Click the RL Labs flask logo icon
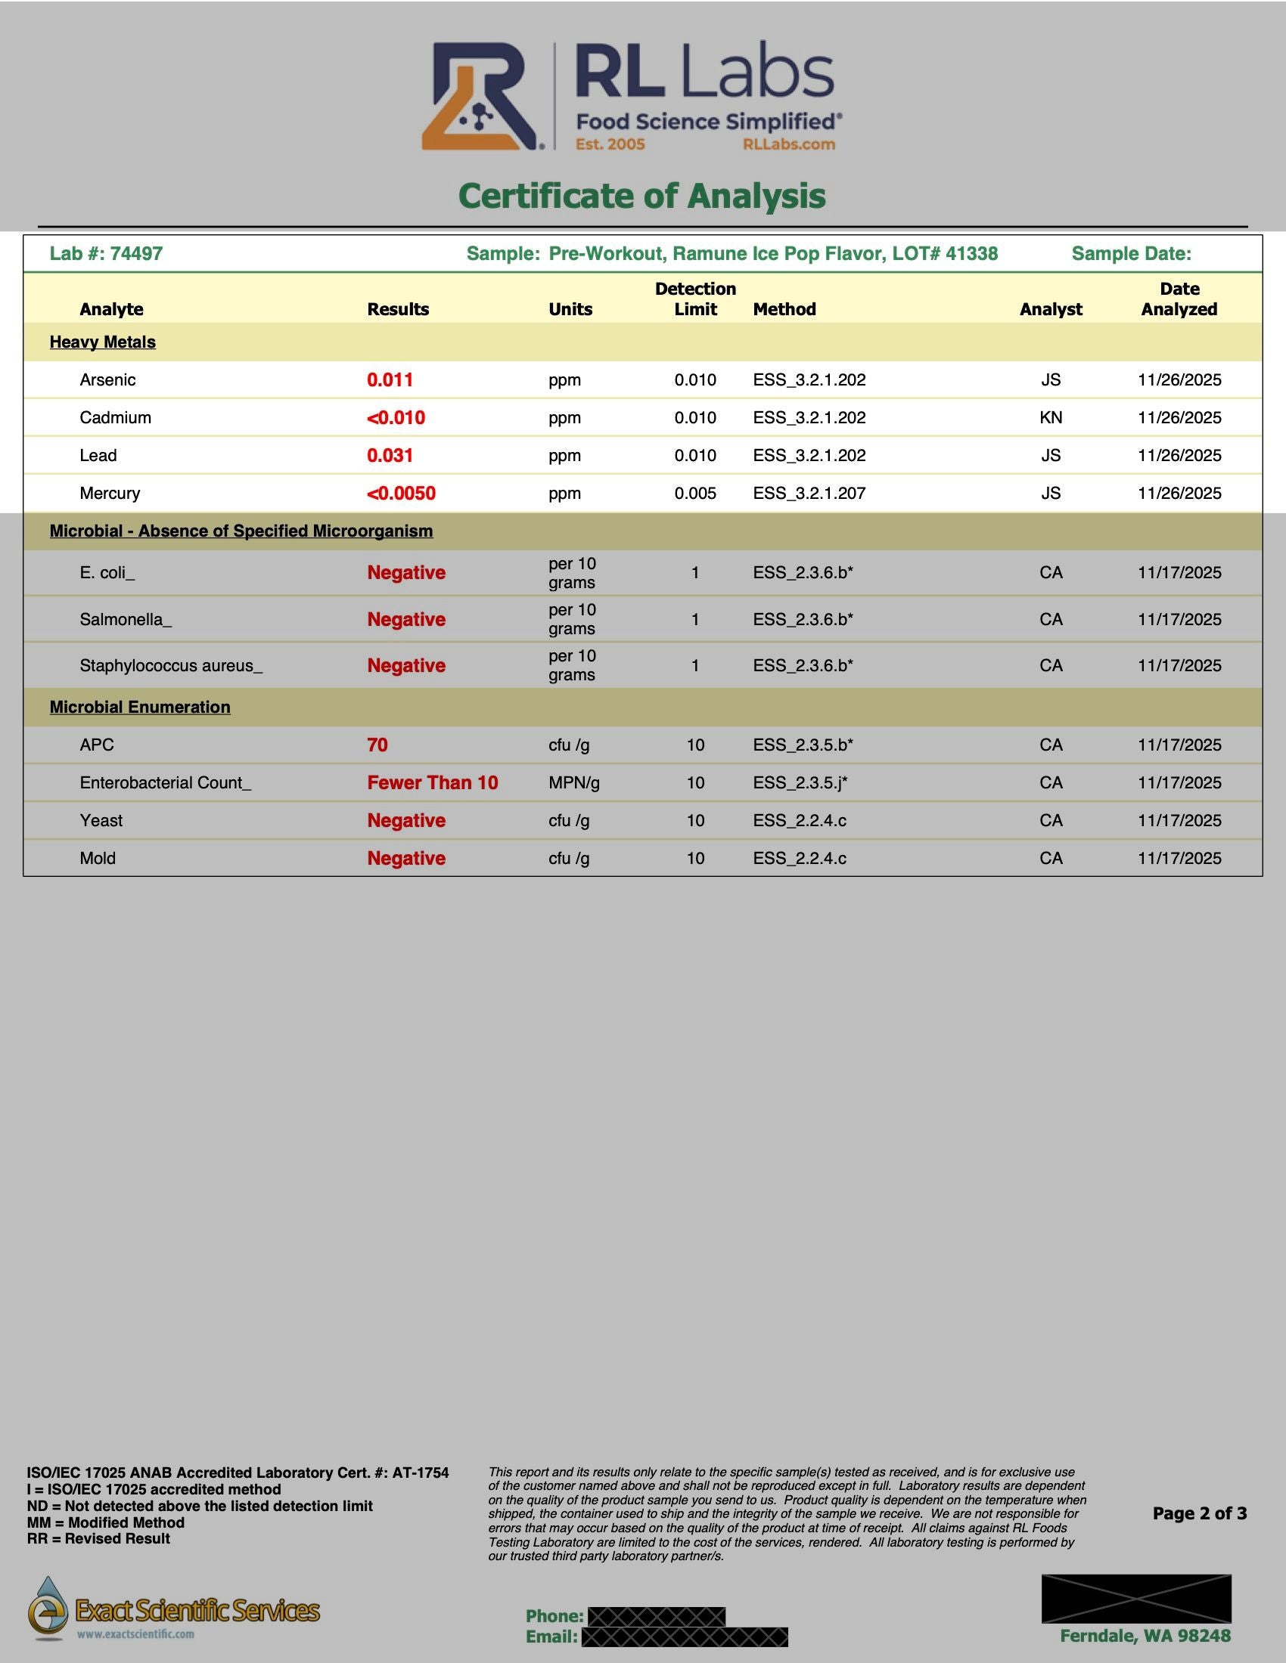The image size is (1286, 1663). [x=480, y=97]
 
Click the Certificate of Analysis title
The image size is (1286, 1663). [x=642, y=196]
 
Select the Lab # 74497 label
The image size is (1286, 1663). [x=106, y=253]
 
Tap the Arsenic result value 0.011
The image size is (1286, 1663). [x=390, y=380]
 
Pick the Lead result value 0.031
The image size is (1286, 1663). [x=390, y=455]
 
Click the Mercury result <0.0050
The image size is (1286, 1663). [x=402, y=494]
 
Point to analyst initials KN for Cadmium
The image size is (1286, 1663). [x=1051, y=418]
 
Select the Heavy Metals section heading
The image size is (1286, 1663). [x=103, y=342]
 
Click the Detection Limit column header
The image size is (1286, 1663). [x=694, y=299]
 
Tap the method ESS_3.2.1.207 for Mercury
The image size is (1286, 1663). [x=809, y=494]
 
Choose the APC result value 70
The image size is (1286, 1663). [x=377, y=745]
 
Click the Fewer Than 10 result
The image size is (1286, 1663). [x=432, y=783]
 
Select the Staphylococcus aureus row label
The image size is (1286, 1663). [x=171, y=665]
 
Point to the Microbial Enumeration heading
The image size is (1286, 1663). [x=140, y=708]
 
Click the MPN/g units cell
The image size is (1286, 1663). [x=573, y=783]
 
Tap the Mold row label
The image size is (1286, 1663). [x=98, y=858]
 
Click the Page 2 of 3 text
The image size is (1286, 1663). [x=1199, y=1513]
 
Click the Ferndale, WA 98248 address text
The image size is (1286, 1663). [x=1145, y=1636]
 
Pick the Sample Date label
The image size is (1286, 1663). [x=1131, y=253]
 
